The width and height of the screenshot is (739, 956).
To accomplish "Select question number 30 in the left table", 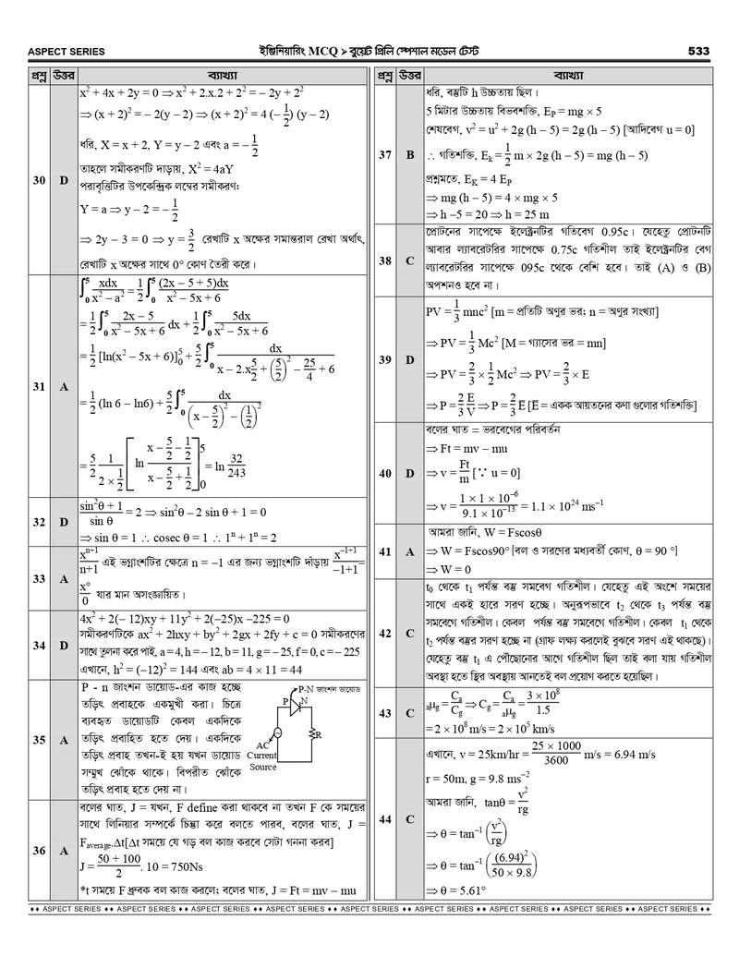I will click(x=38, y=180).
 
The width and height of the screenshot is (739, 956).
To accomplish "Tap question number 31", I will click(x=38, y=387).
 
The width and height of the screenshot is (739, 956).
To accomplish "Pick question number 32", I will click(x=38, y=522).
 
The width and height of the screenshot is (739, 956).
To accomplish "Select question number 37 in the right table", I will click(x=384, y=154).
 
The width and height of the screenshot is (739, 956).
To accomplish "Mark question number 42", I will click(x=384, y=632).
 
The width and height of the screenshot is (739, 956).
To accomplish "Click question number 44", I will click(x=384, y=818).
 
